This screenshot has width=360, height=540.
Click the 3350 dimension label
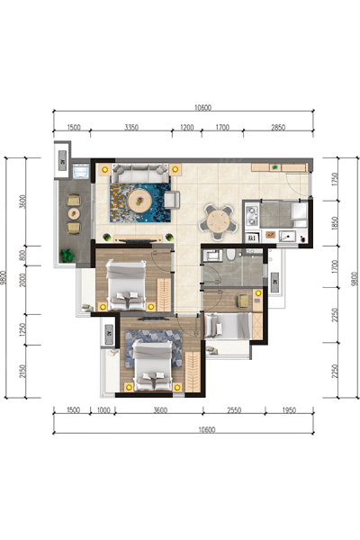tap(131, 128)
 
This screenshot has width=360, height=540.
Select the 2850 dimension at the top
tap(278, 128)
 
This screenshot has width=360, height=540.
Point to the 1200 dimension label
tap(186, 128)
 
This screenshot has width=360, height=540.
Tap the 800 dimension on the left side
tap(22, 256)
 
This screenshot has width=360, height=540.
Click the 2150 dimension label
tap(22, 371)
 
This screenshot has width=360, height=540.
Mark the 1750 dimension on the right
tap(335, 179)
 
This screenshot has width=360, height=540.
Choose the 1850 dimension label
tap(335, 223)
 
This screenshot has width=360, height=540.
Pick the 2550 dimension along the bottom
tap(234, 410)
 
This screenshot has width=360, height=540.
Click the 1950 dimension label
tap(289, 410)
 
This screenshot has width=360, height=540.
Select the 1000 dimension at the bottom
tap(103, 410)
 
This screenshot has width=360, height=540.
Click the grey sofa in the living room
tap(139, 173)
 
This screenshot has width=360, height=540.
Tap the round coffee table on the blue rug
tap(139, 201)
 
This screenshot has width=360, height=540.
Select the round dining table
tap(219, 222)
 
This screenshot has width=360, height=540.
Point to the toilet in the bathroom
tap(230, 255)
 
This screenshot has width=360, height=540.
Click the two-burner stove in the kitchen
tap(252, 215)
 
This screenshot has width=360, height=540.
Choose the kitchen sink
tap(287, 236)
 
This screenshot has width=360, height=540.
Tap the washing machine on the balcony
tap(81, 171)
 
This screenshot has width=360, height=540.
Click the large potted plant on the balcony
tap(67, 256)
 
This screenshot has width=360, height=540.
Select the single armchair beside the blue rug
tap(172, 200)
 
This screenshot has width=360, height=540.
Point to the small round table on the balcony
tap(74, 214)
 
